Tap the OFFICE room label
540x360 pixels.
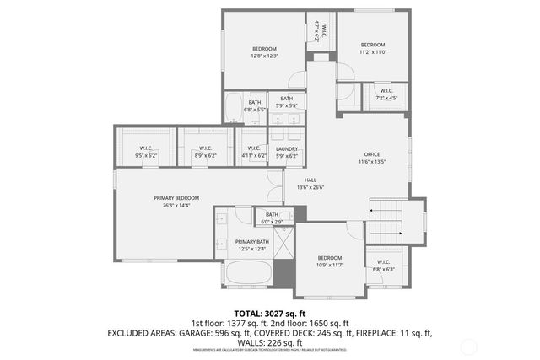coord(372,154)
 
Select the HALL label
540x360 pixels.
coord(311,180)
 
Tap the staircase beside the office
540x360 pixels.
coord(387,222)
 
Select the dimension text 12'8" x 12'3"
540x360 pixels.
coord(265,56)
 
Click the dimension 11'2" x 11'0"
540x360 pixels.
coord(373,52)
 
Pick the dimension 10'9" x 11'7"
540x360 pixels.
coord(329,265)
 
